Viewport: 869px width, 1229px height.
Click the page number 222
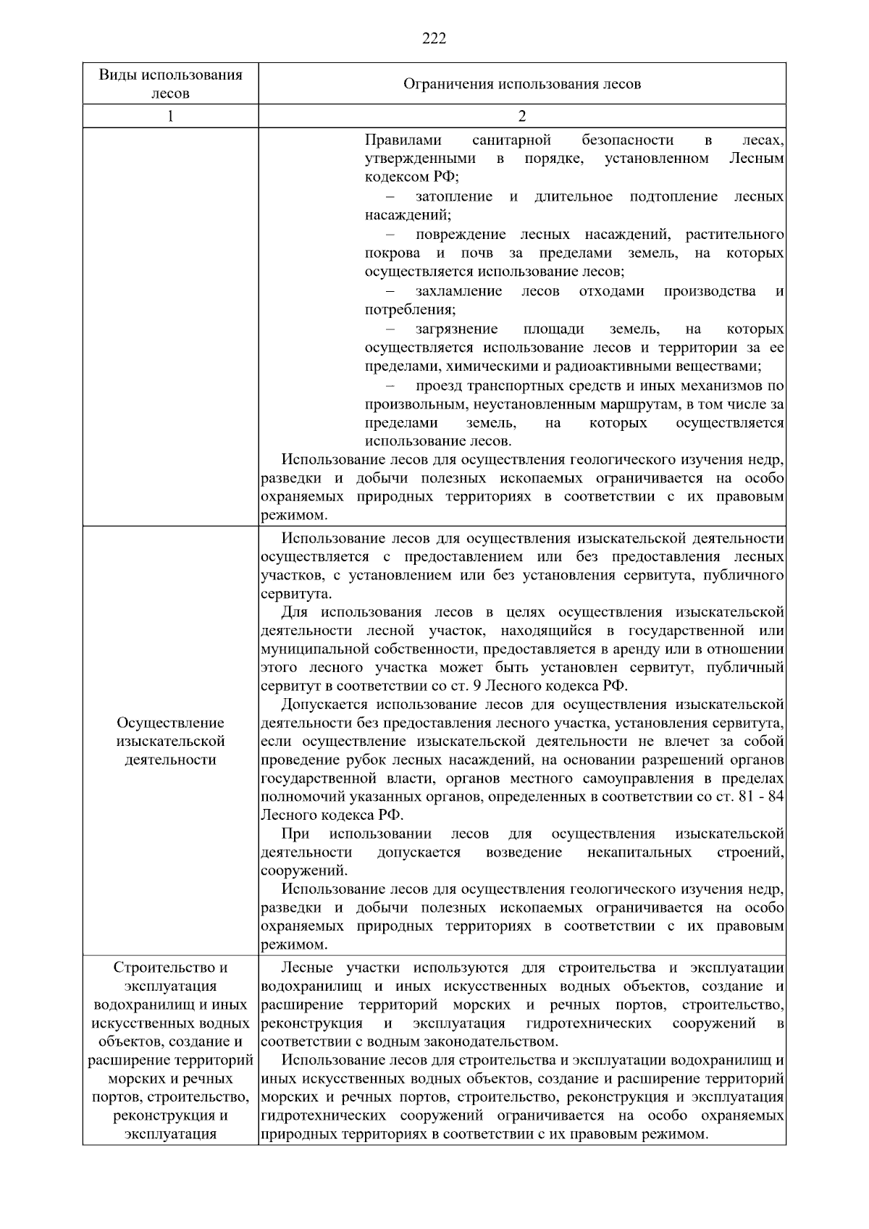point(434,39)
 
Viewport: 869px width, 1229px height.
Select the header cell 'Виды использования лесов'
point(170,84)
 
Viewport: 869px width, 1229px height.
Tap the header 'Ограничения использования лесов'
point(521,84)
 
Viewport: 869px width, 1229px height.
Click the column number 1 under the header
point(170,117)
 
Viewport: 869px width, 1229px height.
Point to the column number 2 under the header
point(522,117)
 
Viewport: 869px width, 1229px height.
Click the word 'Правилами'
point(403,140)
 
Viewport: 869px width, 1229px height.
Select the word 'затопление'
point(454,196)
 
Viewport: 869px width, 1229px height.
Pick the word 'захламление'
point(458,291)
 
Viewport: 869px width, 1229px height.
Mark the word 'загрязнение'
point(457,329)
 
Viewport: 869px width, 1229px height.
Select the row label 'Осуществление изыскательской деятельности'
point(170,741)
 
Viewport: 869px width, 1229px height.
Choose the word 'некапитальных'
point(639,852)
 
